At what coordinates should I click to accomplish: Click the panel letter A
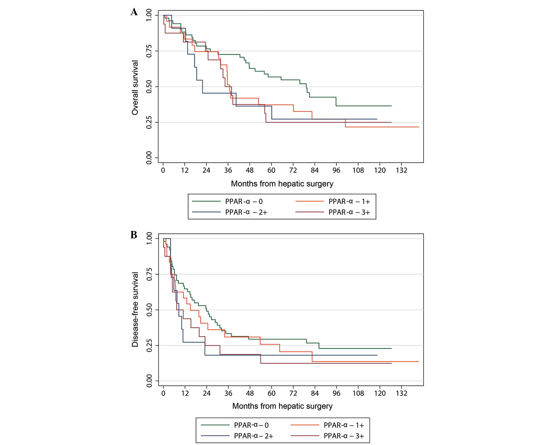(x=134, y=12)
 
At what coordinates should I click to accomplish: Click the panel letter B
(x=134, y=235)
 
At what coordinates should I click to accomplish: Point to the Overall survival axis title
(x=135, y=88)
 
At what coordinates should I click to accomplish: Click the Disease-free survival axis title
(x=135, y=309)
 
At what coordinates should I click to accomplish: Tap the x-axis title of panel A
(x=282, y=184)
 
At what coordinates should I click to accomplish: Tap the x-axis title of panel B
(x=282, y=406)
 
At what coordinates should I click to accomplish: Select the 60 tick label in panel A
(x=271, y=170)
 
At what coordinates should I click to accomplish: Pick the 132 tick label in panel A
(x=401, y=170)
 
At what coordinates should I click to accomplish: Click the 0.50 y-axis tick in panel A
(x=149, y=87)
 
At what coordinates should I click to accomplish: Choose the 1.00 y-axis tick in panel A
(x=149, y=15)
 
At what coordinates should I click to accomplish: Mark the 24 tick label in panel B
(x=206, y=393)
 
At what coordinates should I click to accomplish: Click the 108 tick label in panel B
(x=358, y=393)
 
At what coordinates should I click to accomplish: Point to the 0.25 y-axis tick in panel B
(x=149, y=345)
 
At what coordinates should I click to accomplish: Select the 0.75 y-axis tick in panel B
(x=149, y=274)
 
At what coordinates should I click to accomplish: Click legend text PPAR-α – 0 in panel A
(x=244, y=201)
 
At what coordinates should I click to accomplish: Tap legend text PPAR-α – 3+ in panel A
(x=349, y=212)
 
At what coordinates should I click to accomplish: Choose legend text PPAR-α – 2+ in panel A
(x=246, y=212)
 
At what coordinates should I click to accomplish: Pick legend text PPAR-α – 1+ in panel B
(x=344, y=425)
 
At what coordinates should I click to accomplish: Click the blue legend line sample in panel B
(x=215, y=436)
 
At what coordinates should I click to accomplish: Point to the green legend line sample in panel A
(x=206, y=201)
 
